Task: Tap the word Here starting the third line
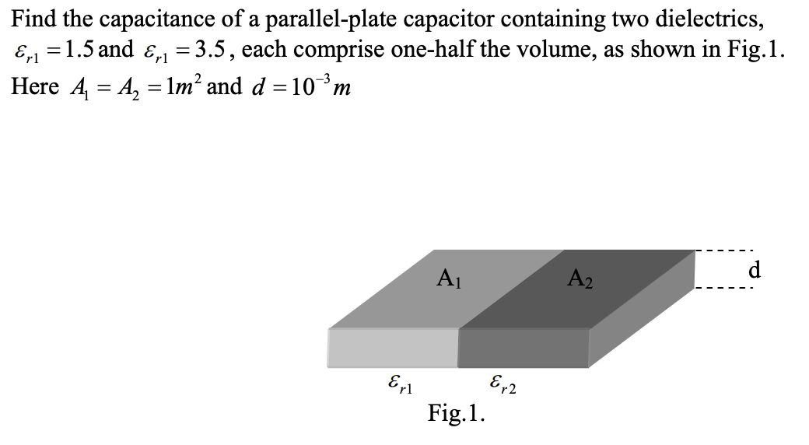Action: coord(34,86)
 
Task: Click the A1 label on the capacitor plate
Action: coord(448,276)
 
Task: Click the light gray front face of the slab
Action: coord(393,347)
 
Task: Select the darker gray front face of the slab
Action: coord(524,347)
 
